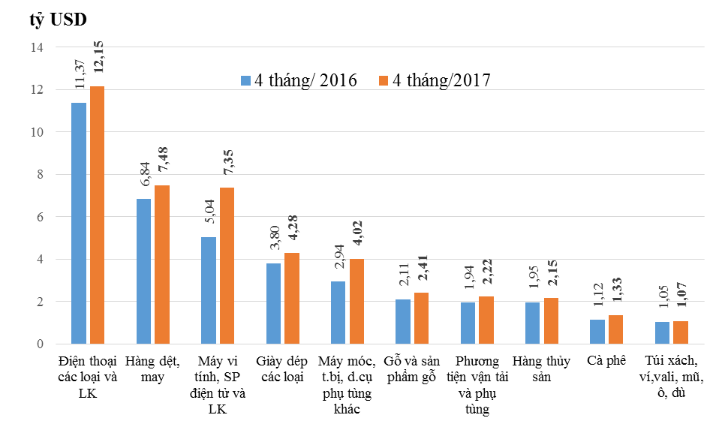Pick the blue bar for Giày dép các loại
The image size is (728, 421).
click(273, 303)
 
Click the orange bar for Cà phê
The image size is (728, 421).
click(616, 329)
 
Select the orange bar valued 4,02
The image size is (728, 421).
click(357, 301)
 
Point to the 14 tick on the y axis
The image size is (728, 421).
click(36, 47)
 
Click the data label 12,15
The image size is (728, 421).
click(98, 54)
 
